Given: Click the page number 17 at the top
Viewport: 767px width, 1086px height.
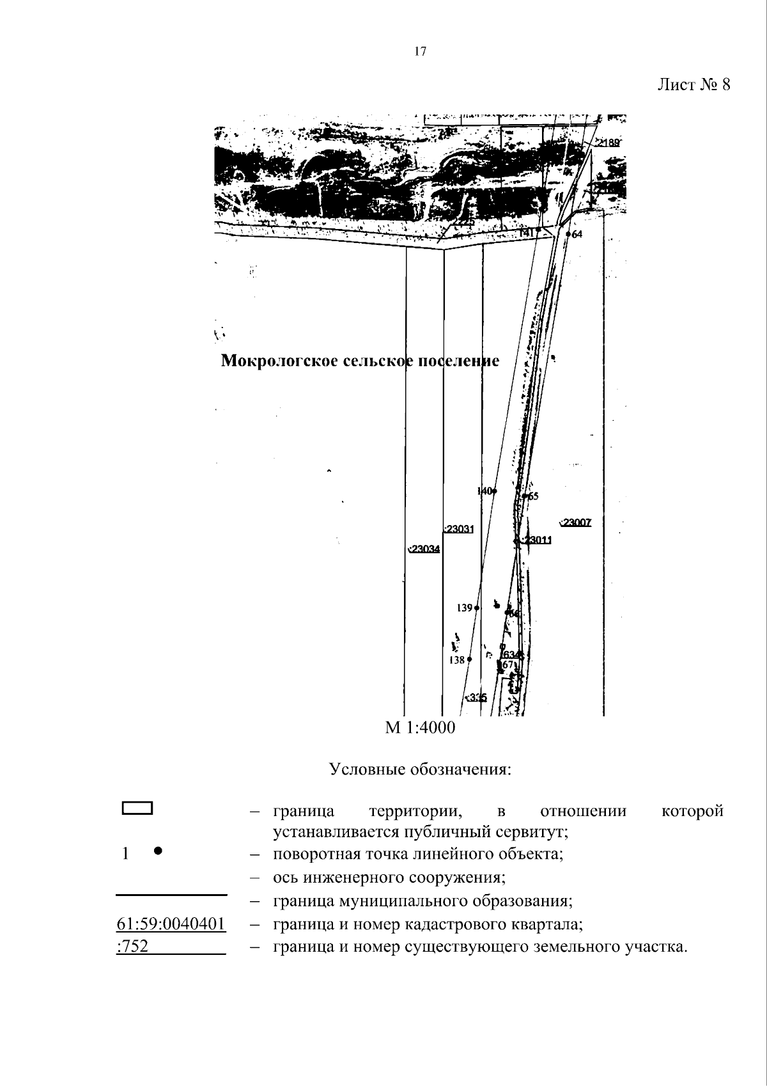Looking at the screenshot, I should point(420,52).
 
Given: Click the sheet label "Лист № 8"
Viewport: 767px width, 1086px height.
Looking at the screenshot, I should point(693,85).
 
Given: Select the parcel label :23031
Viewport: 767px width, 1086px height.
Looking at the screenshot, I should point(459,530).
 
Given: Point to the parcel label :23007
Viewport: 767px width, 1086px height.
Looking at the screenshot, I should point(576,523).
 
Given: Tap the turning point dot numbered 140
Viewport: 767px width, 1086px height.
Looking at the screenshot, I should point(494,491).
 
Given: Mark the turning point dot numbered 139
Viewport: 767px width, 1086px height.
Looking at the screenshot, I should point(477,608).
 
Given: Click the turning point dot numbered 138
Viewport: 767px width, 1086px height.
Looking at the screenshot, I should point(469,659).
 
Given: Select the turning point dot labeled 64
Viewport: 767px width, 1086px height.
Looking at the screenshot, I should point(568,235).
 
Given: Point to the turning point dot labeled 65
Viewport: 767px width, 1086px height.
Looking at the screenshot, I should point(525,496).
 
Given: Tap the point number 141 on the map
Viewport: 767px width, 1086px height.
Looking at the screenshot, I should point(527,234).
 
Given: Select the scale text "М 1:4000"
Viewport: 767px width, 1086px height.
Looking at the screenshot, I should point(420,728).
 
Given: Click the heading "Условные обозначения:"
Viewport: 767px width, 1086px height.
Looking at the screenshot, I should point(420,769).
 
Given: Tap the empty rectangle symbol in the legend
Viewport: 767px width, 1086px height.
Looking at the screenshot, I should point(137,808).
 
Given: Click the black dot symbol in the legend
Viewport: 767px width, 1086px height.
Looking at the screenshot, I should point(159,851).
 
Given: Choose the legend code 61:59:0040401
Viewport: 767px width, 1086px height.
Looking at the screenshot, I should point(171,924).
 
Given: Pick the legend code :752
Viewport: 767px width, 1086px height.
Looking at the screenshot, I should point(132,947).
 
